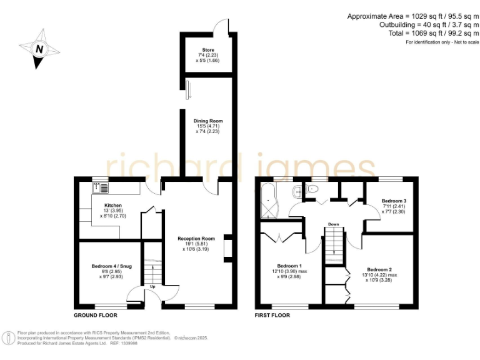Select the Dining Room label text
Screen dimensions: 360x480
pyautogui.click(x=208, y=121)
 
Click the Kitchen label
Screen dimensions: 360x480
pyautogui.click(x=113, y=205)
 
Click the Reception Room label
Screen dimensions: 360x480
pyautogui.click(x=196, y=238)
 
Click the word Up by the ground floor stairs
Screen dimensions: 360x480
pyautogui.click(x=152, y=287)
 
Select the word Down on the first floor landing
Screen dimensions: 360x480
pyautogui.click(x=334, y=224)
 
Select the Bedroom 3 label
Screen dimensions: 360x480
pyautogui.click(x=394, y=201)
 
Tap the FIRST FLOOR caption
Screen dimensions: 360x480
pyautogui.click(x=272, y=315)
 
